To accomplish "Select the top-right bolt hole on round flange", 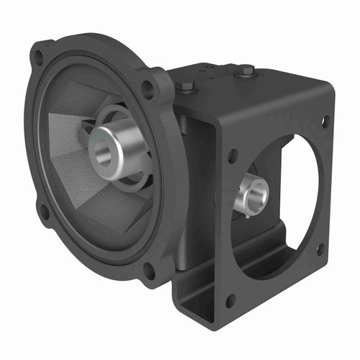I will point(148,90).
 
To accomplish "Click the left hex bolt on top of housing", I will point(186,88).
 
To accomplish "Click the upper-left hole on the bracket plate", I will point(232,153).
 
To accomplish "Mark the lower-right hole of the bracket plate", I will point(320,248).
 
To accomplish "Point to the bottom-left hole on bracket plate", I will point(230,301).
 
